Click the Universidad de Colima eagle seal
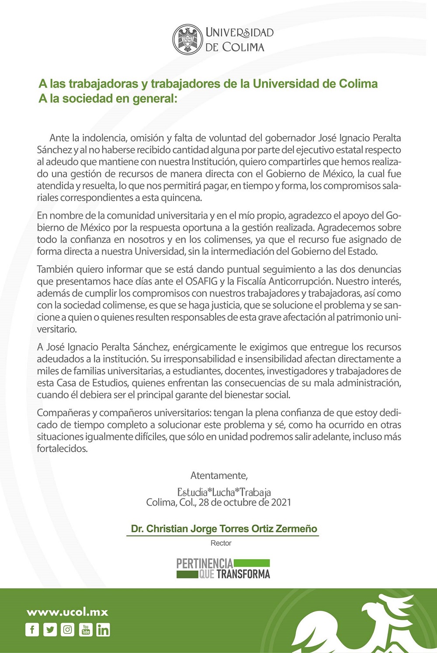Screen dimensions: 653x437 (187, 39)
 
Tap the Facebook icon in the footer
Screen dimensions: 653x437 (32, 630)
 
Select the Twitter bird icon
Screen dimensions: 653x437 (50, 630)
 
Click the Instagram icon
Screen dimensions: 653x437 (68, 630)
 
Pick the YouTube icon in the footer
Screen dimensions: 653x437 (86, 630)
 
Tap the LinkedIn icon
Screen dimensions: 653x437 (103, 630)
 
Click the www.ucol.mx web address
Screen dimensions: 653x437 (67, 612)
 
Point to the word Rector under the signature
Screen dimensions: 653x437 (221, 543)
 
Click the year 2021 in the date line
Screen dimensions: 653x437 (281, 502)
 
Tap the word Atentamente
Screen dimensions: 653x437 (219, 475)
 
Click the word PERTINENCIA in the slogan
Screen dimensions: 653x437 (205, 563)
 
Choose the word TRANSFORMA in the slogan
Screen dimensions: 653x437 (243, 574)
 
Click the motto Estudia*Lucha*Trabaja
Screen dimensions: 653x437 (224, 492)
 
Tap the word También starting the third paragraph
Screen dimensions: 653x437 (55, 270)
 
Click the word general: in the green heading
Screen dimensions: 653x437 (155, 98)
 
